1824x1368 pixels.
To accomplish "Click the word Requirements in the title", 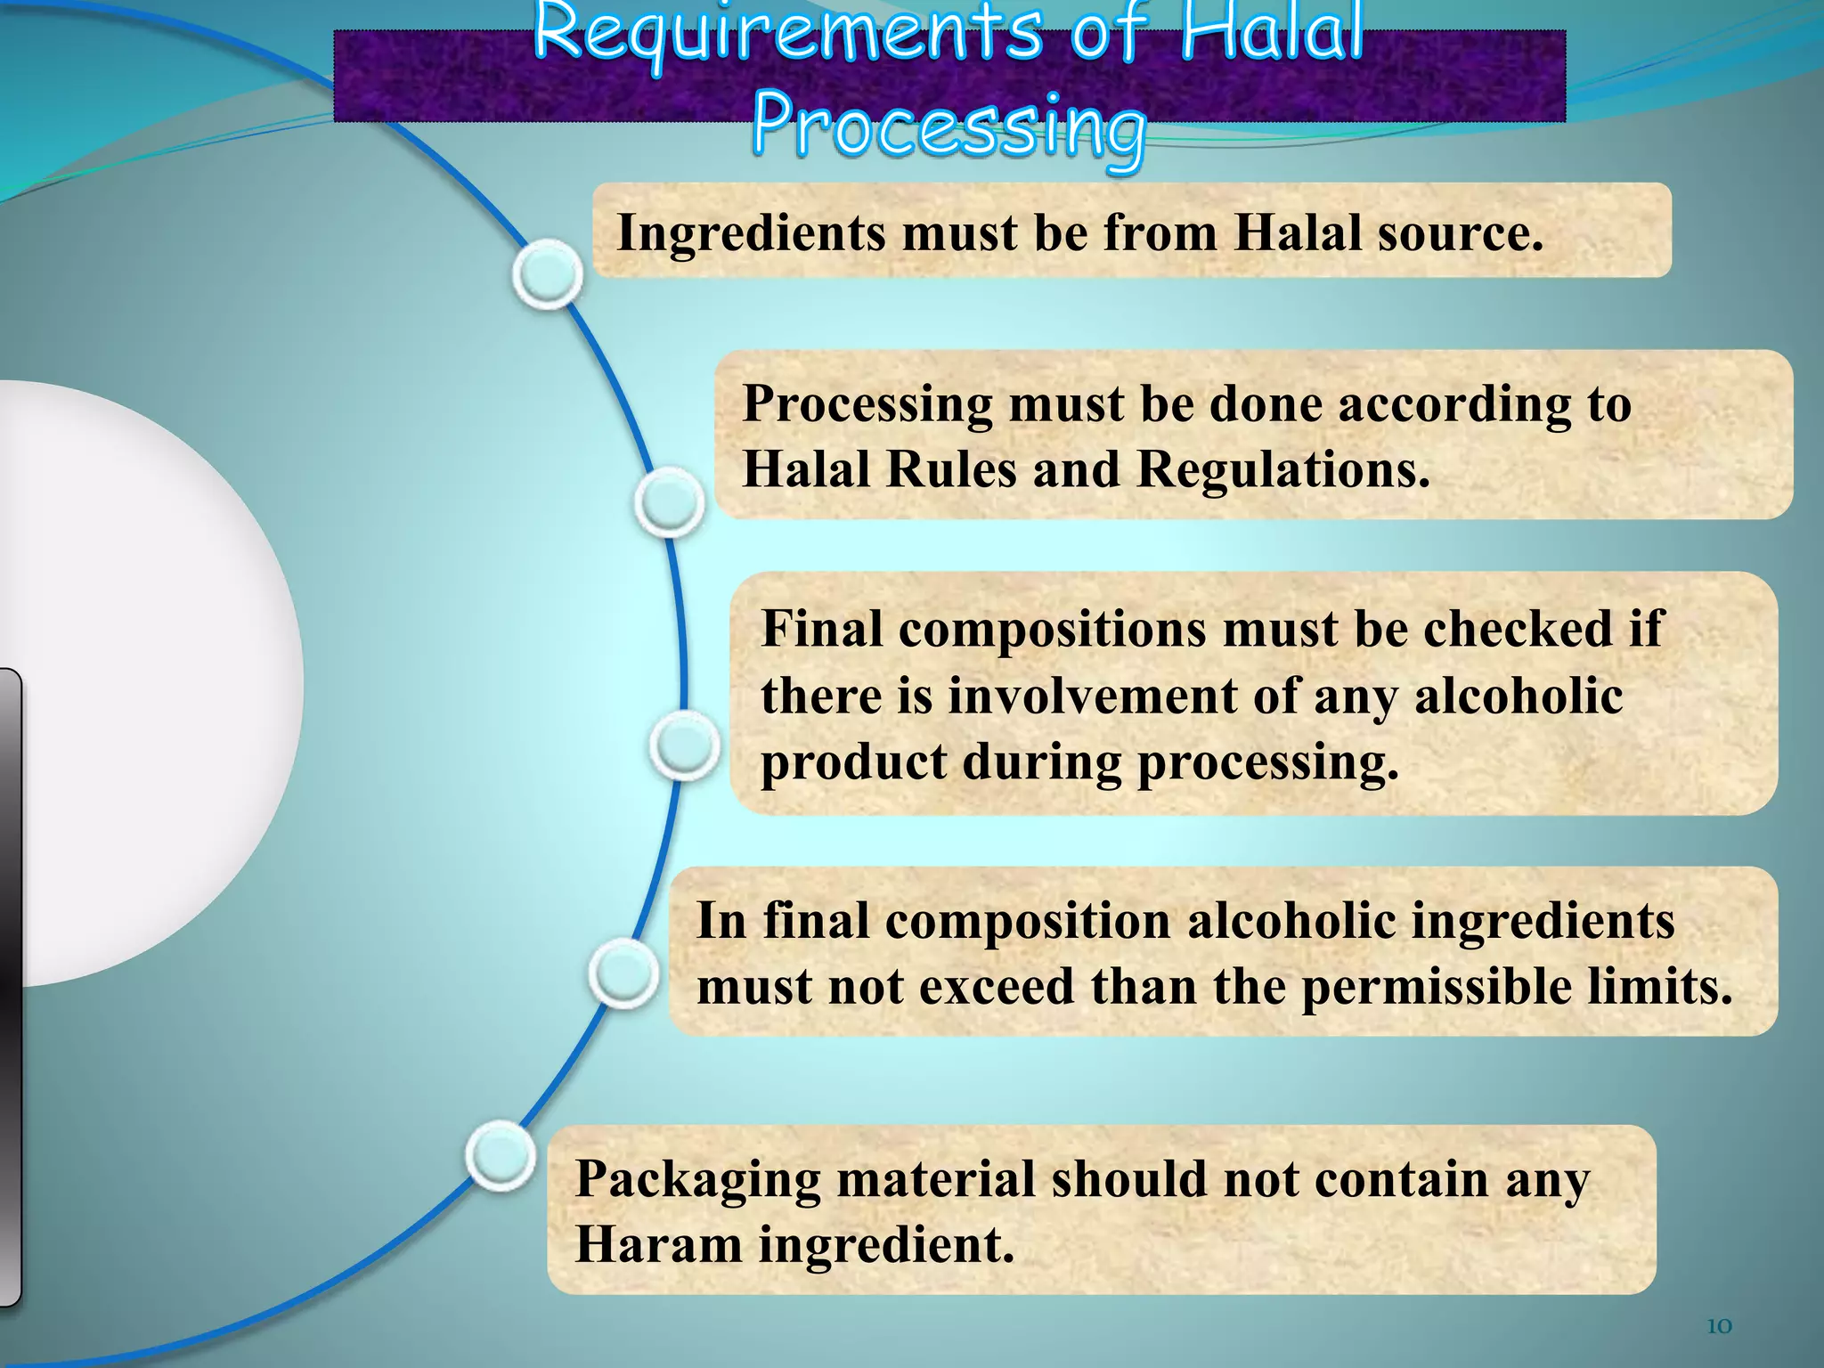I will pos(787,34).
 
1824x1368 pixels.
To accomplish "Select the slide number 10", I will pos(1719,1326).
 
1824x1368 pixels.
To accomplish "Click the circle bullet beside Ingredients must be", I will pos(548,273).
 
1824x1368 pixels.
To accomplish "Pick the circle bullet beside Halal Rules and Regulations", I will pos(670,502).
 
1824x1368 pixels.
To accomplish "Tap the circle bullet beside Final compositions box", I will pos(684,745).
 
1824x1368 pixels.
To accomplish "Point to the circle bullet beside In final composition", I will pos(624,973).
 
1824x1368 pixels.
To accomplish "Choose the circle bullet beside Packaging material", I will pos(501,1155).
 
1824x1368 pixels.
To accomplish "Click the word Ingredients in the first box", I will pos(753,234).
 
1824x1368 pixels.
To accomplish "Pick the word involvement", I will pos(1092,696).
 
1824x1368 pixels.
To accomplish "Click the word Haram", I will pos(658,1245).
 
